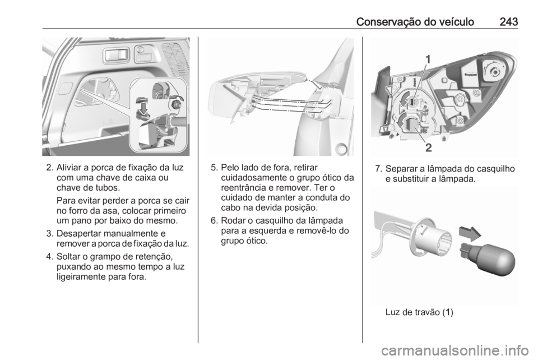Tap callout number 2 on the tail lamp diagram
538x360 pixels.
pos(428,149)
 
